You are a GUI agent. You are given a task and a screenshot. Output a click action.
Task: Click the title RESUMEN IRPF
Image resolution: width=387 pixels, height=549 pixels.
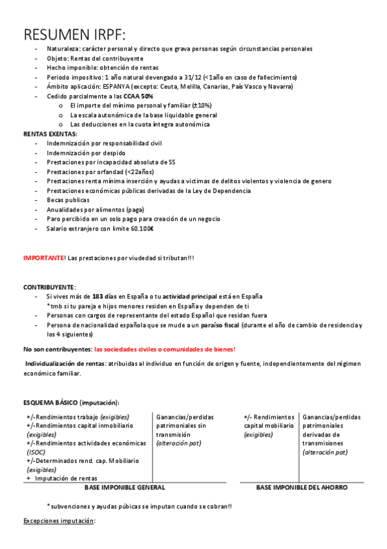75,34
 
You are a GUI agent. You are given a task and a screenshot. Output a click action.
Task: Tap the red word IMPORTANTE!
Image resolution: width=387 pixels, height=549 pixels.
44,258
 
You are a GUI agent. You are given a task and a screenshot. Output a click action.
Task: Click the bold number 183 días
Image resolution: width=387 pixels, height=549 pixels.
105,296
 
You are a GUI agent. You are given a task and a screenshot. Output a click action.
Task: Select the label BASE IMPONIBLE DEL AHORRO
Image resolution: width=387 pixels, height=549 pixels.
302,487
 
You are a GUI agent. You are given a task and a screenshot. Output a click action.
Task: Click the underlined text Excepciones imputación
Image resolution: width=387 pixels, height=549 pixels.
59,521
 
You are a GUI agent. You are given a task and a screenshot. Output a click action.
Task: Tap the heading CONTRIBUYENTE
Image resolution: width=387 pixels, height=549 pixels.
49,286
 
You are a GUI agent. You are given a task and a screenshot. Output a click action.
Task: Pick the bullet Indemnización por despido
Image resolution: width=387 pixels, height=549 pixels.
86,153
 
